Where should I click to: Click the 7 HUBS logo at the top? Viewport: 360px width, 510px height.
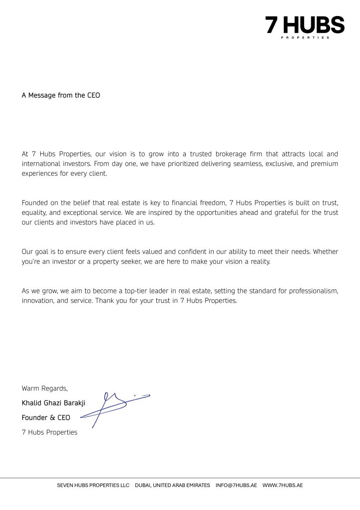pos(304,26)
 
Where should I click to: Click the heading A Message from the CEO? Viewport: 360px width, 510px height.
pos(61,95)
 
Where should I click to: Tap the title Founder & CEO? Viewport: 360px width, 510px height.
pos(46,417)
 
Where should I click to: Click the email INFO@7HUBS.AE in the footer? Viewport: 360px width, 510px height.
pos(237,485)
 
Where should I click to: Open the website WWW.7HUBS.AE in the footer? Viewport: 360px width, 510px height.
pos(282,485)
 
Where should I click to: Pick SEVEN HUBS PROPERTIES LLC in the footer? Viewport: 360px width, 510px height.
pos(93,485)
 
